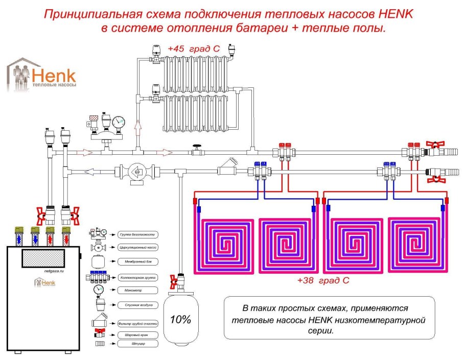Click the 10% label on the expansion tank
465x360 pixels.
[x=180, y=320]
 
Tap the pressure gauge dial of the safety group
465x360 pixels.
[x=119, y=123]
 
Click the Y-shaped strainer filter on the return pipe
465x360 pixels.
[x=227, y=167]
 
